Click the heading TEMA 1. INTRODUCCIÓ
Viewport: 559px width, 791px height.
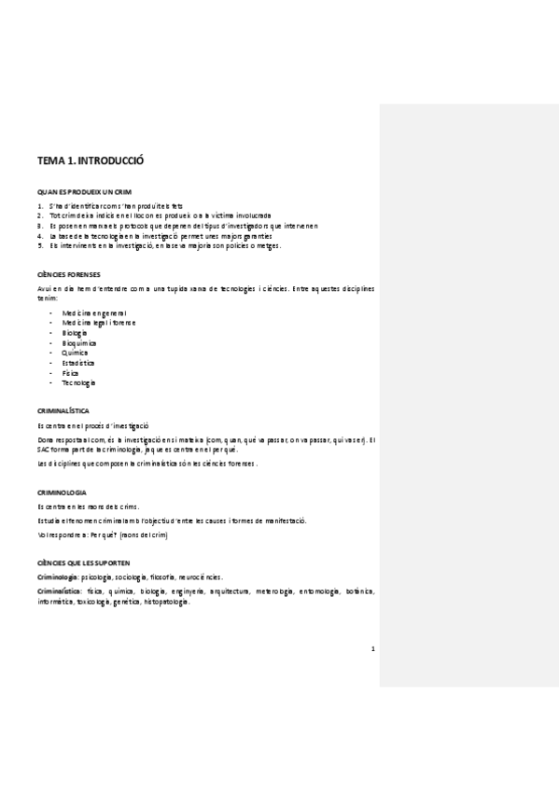click(91, 161)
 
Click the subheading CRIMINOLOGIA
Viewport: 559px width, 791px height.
click(62, 492)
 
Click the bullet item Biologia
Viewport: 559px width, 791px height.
click(75, 333)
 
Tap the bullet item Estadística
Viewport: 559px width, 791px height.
click(78, 363)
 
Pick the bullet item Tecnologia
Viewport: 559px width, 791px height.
click(78, 383)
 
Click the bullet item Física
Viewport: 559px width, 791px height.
click(72, 373)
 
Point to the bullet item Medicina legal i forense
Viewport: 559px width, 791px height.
click(98, 323)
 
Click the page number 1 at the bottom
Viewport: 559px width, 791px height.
click(372, 650)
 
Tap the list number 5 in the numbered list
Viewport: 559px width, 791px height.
click(39, 246)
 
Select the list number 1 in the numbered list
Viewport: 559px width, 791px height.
click(39, 205)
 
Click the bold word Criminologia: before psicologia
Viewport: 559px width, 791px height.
click(58, 578)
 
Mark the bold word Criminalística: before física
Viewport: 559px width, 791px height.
click(60, 591)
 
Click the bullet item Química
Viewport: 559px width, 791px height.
click(76, 354)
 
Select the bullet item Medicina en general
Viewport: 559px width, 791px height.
click(94, 312)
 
